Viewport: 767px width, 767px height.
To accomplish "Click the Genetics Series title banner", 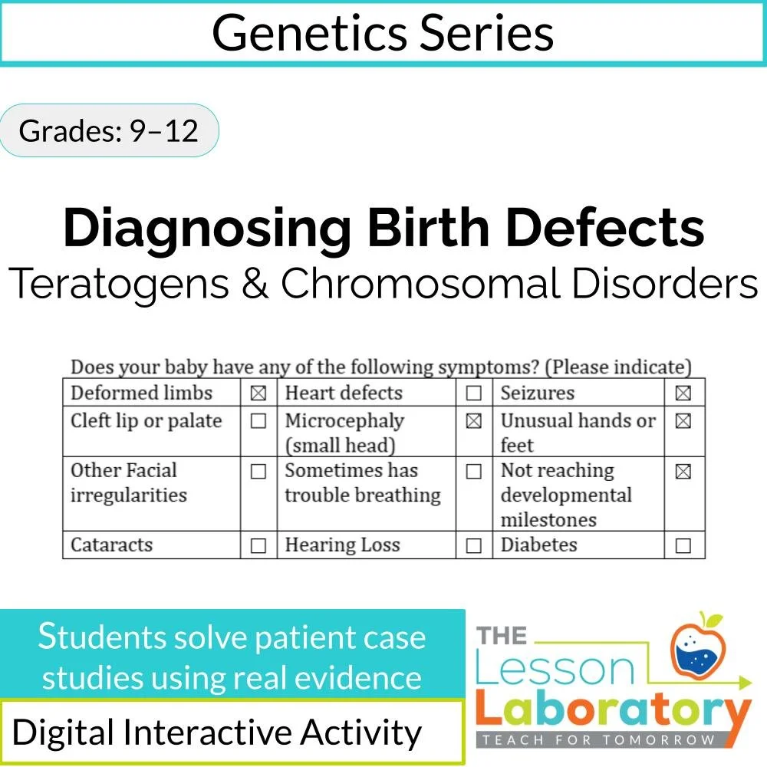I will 383,33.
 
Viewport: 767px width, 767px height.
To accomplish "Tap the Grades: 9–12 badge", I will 108,130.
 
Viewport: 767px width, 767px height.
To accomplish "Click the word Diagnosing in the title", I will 207,228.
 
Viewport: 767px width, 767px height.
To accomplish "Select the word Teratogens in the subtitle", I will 119,283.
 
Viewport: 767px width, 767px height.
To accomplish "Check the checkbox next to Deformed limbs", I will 258,393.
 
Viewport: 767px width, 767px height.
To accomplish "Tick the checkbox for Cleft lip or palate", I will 258,421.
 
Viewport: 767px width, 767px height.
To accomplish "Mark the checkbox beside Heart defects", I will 474,393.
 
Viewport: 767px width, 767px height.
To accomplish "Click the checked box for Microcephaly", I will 474,421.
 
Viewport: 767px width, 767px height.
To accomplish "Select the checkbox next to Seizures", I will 683,393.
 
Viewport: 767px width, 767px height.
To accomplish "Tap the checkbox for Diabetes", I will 683,546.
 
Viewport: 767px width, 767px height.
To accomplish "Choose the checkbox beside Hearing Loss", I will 474,546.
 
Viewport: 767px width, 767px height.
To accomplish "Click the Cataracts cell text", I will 112,545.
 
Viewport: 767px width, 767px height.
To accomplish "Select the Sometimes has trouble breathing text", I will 362,482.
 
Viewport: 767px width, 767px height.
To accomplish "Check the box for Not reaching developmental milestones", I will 683,472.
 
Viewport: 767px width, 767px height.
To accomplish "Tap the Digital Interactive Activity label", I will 217,732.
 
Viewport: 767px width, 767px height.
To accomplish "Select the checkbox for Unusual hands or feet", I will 683,421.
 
